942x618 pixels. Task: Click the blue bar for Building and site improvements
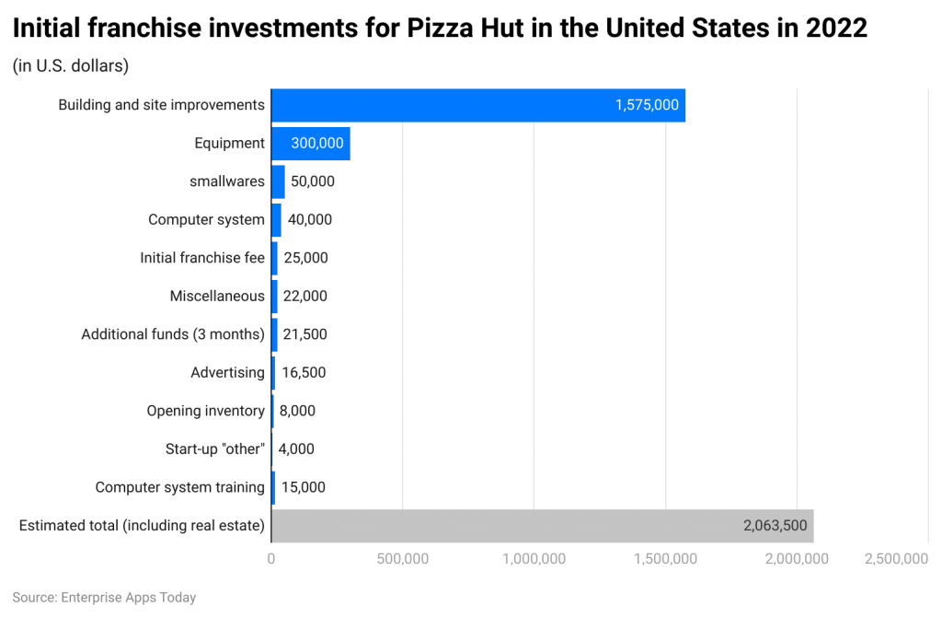478,105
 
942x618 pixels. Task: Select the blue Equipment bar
311,144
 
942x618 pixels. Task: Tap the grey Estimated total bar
543,526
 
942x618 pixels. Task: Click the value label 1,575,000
647,105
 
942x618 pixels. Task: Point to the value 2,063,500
775,526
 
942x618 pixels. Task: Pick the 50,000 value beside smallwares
313,181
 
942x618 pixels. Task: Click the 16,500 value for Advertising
304,372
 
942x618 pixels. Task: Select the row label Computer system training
179,487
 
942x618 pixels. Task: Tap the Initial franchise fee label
202,258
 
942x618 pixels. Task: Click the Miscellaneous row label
217,296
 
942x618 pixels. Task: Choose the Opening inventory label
205,411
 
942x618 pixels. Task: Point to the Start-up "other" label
215,449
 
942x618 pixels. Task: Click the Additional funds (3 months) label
173,334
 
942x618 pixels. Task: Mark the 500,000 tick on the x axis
402,559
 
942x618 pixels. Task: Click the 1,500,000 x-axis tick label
665,559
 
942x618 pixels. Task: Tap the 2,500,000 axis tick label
896,559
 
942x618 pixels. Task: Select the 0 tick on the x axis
271,559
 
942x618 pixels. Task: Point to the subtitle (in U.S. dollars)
71,66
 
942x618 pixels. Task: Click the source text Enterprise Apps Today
129,598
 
